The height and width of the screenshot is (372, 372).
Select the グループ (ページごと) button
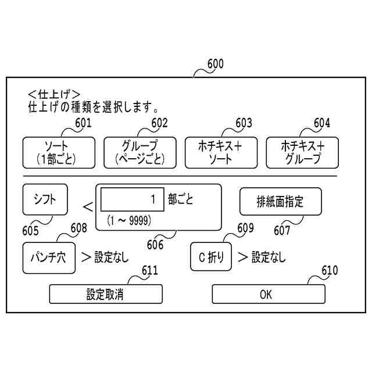[x=139, y=152]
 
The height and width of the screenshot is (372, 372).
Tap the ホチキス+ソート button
[x=220, y=152]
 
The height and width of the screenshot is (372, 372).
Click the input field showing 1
[x=132, y=200]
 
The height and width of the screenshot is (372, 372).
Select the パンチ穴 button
[x=49, y=256]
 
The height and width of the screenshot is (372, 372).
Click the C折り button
[x=212, y=256]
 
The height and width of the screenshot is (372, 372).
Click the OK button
[x=266, y=294]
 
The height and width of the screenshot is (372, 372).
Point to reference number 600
[x=214, y=64]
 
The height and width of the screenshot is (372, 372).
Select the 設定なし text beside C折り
[x=269, y=257]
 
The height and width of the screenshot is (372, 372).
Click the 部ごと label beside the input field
[x=181, y=199]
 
